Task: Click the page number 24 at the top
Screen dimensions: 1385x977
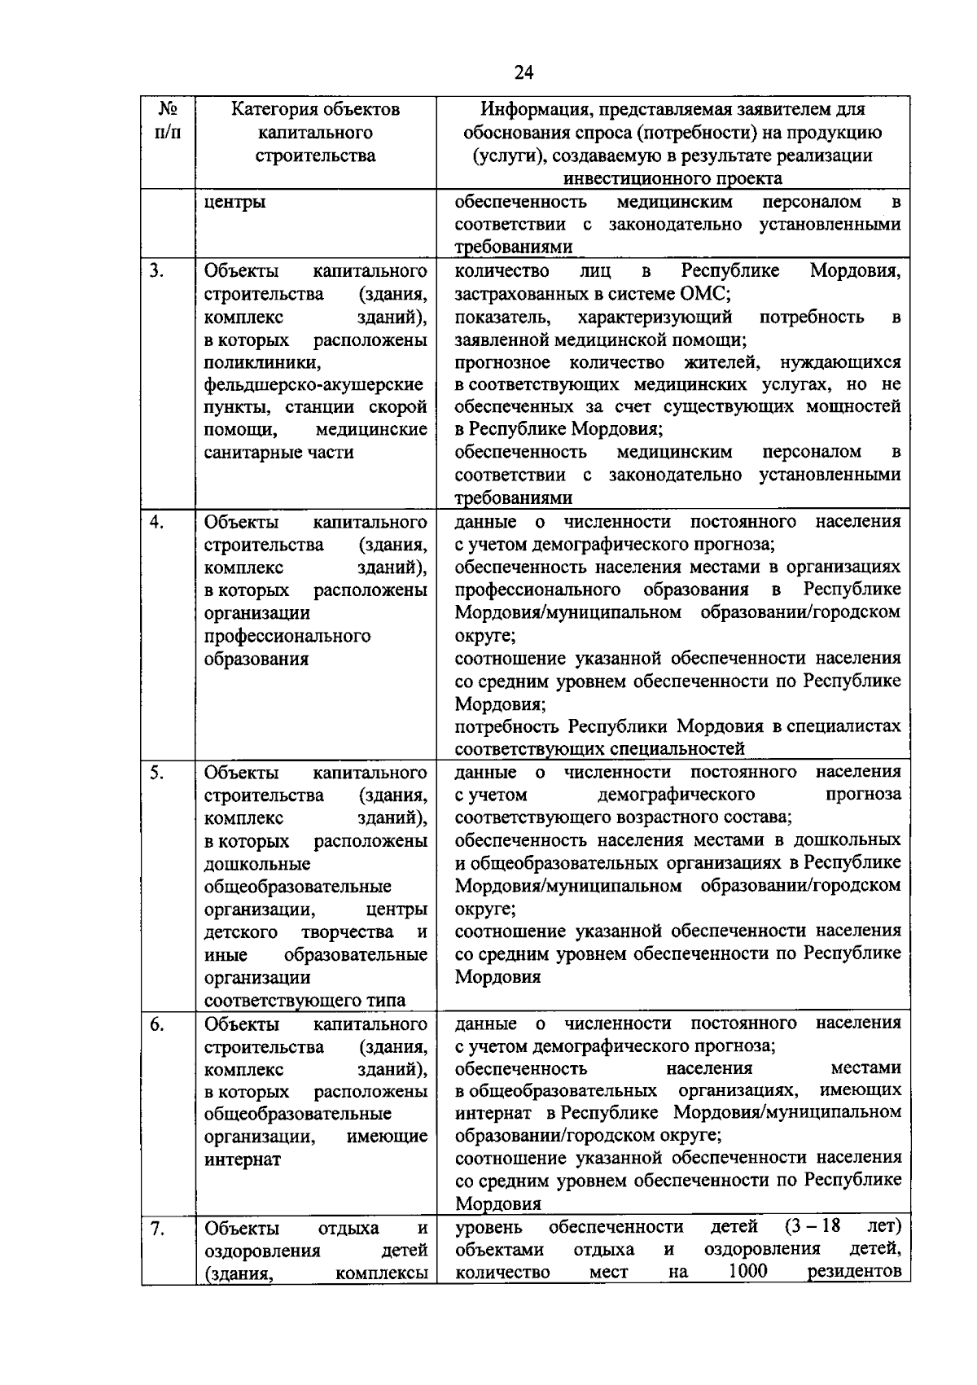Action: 524,72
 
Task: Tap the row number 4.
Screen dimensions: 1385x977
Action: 156,522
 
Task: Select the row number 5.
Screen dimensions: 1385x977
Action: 156,772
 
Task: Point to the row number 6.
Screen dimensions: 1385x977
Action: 156,1023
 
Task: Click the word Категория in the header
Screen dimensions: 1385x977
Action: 274,109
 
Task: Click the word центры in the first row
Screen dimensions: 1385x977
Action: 234,202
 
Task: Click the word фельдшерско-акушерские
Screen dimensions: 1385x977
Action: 313,384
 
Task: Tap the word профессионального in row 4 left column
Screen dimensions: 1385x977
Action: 287,635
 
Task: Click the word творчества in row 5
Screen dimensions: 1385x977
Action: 347,931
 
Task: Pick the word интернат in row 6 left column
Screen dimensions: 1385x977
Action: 242,1159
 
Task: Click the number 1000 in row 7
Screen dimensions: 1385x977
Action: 747,1272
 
